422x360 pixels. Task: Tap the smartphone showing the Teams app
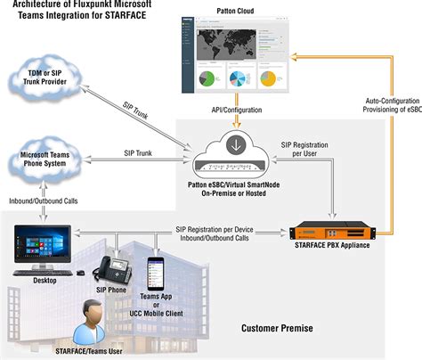158,266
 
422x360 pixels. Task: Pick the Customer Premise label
277,328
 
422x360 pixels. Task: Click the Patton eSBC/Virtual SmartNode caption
235,188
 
